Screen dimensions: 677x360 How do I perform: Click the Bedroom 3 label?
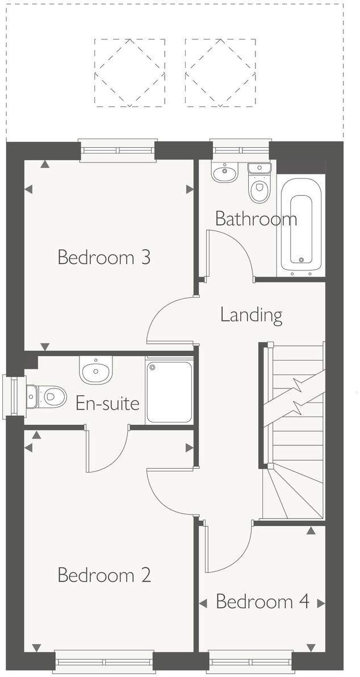pyautogui.click(x=104, y=257)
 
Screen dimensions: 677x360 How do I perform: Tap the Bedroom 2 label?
pyautogui.click(x=104, y=575)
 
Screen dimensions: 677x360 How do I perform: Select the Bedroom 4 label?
pyautogui.click(x=262, y=601)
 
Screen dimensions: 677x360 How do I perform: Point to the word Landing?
pyautogui.click(x=251, y=315)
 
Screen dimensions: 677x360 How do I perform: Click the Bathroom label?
pyautogui.click(x=256, y=219)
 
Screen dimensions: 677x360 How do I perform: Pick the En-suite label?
pyautogui.click(x=107, y=404)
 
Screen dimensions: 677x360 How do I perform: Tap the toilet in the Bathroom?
pyautogui.click(x=259, y=184)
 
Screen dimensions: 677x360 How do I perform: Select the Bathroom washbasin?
pyautogui.click(x=225, y=170)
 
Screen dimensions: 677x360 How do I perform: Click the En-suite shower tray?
pyautogui.click(x=169, y=390)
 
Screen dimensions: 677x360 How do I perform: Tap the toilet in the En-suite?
pyautogui.click(x=47, y=394)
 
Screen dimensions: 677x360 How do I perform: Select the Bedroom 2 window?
pyautogui.click(x=103, y=662)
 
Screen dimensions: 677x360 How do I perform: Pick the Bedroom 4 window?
pyautogui.click(x=250, y=662)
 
